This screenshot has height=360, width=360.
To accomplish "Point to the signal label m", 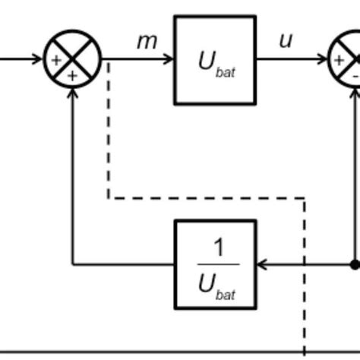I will click(x=146, y=41).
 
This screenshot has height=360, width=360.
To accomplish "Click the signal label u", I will click(x=286, y=40).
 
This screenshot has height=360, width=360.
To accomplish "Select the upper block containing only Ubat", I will click(x=215, y=59).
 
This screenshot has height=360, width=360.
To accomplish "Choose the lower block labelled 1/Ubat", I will click(x=215, y=264).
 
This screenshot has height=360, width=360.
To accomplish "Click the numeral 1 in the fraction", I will click(x=219, y=248).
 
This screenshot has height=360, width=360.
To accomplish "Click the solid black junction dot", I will click(x=355, y=264).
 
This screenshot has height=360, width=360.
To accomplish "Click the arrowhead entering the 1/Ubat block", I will click(x=262, y=264).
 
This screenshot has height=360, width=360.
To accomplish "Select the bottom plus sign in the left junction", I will click(x=73, y=75).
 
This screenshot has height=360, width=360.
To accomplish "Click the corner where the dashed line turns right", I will click(x=109, y=198).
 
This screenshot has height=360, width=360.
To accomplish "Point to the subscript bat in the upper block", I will click(x=226, y=73).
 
